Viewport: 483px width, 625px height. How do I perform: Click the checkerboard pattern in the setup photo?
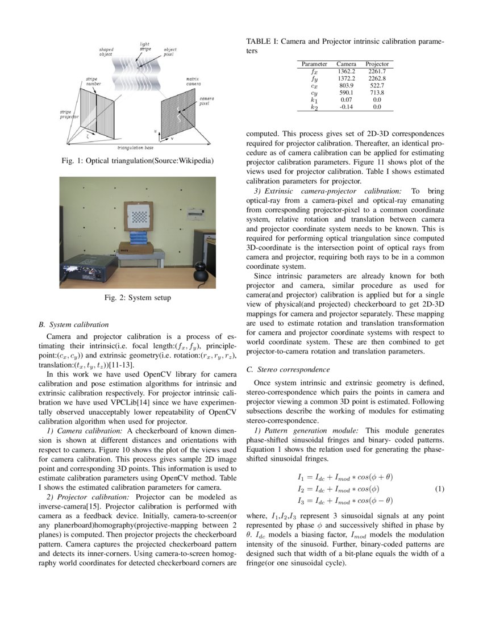pos(139,216)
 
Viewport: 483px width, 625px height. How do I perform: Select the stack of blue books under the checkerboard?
pos(139,238)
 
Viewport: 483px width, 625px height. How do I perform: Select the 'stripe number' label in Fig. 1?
pos(94,81)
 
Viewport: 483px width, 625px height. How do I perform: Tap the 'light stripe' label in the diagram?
pos(145,47)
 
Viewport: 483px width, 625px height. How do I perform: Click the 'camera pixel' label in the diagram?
pos(206,101)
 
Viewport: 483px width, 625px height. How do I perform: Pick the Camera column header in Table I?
pos(346,64)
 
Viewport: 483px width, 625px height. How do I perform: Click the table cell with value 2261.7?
pos(377,72)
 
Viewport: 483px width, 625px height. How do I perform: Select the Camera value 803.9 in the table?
pos(346,85)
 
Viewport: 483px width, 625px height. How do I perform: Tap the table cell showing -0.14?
pos(346,106)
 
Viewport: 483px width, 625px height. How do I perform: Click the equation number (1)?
pos(439,489)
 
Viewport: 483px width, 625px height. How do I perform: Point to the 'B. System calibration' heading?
pos(73,325)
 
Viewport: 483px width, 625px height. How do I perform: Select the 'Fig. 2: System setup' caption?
pos(138,298)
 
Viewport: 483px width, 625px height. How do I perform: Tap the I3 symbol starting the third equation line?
pos(301,501)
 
